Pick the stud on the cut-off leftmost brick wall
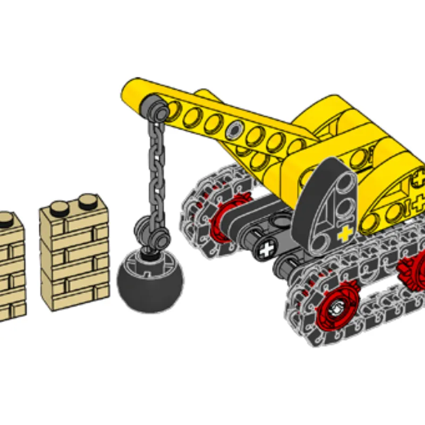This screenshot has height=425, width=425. pyautogui.click(x=6, y=217)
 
